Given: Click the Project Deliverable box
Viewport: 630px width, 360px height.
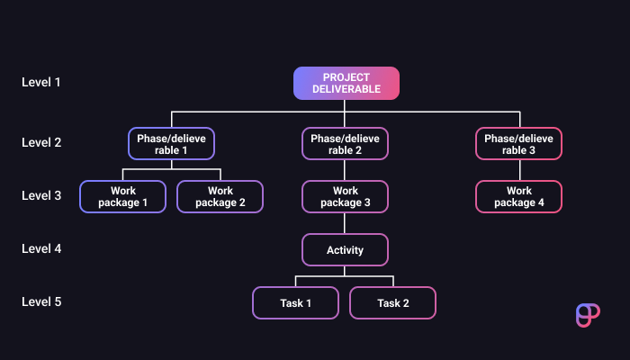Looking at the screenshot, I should click(346, 83).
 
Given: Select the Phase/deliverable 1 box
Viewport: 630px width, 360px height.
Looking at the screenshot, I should click(171, 144).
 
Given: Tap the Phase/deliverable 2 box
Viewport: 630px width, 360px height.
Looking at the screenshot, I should click(345, 144).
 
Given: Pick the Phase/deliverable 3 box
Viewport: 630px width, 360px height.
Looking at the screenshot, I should click(518, 144).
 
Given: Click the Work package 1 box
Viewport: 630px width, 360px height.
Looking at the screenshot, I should click(123, 196).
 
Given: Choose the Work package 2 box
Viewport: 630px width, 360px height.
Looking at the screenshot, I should click(220, 196).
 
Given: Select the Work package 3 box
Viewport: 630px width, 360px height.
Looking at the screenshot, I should click(345, 196).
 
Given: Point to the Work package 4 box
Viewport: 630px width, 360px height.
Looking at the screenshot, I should click(518, 196).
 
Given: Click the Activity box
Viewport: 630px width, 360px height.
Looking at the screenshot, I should click(345, 249).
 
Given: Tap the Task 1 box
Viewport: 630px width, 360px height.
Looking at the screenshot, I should click(296, 302).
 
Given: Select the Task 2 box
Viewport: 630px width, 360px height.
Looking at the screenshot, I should click(393, 302).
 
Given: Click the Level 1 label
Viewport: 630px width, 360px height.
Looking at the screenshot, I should click(41, 83).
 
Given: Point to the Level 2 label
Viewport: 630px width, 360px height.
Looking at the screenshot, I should click(41, 142).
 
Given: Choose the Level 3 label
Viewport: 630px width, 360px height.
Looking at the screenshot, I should click(41, 195).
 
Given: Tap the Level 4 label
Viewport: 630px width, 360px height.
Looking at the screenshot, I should click(41, 248).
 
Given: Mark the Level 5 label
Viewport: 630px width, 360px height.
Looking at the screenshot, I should click(41, 301).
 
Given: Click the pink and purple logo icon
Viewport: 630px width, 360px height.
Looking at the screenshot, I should click(587, 315).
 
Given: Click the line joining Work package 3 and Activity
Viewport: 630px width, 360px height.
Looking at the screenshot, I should click(345, 223).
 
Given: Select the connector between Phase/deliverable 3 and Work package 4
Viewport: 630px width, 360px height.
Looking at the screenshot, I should click(518, 170).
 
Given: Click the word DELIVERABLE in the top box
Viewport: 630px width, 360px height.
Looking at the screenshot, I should click(346, 89).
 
